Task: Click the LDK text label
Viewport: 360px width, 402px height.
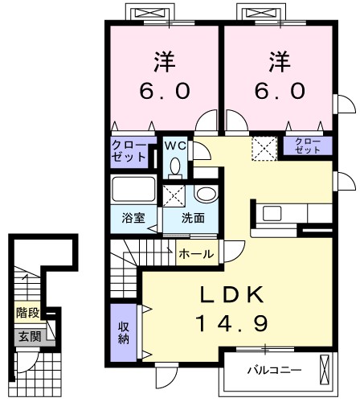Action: point(231,294)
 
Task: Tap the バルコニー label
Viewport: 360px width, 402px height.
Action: point(273,371)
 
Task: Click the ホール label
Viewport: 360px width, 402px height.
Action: point(195,254)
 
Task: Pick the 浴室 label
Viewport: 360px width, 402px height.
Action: point(133,217)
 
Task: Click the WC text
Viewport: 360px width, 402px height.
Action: point(175,146)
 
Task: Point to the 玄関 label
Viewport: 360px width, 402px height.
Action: point(27,334)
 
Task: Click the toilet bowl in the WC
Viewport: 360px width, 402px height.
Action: point(175,166)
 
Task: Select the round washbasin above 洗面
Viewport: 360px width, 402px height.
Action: point(205,195)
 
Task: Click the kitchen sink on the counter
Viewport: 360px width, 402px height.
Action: point(269,214)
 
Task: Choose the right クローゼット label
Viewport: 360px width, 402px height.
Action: point(306,146)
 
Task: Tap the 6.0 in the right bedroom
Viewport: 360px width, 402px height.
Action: point(280,91)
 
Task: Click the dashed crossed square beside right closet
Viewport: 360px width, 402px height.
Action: point(264,146)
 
